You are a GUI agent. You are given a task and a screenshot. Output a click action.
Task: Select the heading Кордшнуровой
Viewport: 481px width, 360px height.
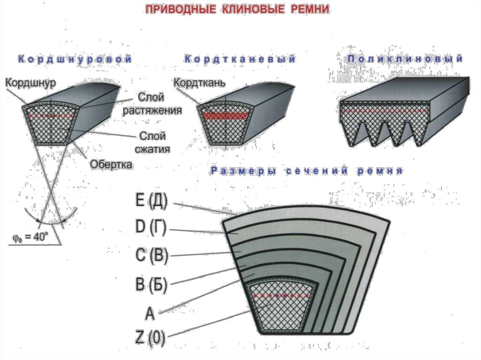(x=73, y=60)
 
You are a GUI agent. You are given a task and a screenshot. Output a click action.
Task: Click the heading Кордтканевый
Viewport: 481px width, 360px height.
(x=240, y=60)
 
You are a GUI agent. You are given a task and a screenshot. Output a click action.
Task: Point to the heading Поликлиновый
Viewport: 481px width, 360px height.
(x=405, y=59)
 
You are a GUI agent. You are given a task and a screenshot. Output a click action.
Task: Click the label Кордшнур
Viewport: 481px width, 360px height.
(x=31, y=83)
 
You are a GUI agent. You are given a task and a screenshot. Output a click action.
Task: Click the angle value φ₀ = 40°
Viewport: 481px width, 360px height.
(x=31, y=237)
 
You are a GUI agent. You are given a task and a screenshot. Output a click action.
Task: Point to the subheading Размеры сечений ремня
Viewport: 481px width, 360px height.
(x=306, y=171)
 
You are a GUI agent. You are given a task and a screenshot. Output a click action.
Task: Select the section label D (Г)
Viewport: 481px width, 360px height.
(x=151, y=228)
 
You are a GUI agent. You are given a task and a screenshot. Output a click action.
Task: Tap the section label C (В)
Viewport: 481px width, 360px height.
(x=151, y=256)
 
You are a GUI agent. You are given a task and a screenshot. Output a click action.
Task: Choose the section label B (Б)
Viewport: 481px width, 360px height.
(x=151, y=284)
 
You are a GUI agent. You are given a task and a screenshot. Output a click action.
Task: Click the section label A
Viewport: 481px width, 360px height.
(x=149, y=313)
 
